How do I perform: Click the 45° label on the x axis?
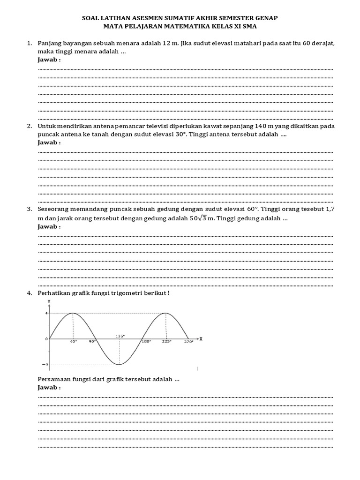coord(73,342)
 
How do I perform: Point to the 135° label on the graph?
coord(120,336)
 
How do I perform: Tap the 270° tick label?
coord(188,342)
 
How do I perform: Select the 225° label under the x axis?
coord(167,342)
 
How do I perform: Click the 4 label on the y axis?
coord(46,313)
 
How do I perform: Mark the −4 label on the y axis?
coord(45,364)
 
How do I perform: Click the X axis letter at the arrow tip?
coord(201,338)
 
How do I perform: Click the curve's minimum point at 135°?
coord(119,364)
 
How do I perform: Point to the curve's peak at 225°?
coord(165,313)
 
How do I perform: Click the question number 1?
coord(29,44)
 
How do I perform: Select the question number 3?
coord(29,210)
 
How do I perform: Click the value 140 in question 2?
coord(261,126)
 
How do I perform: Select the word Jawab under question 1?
coord(48,60)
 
